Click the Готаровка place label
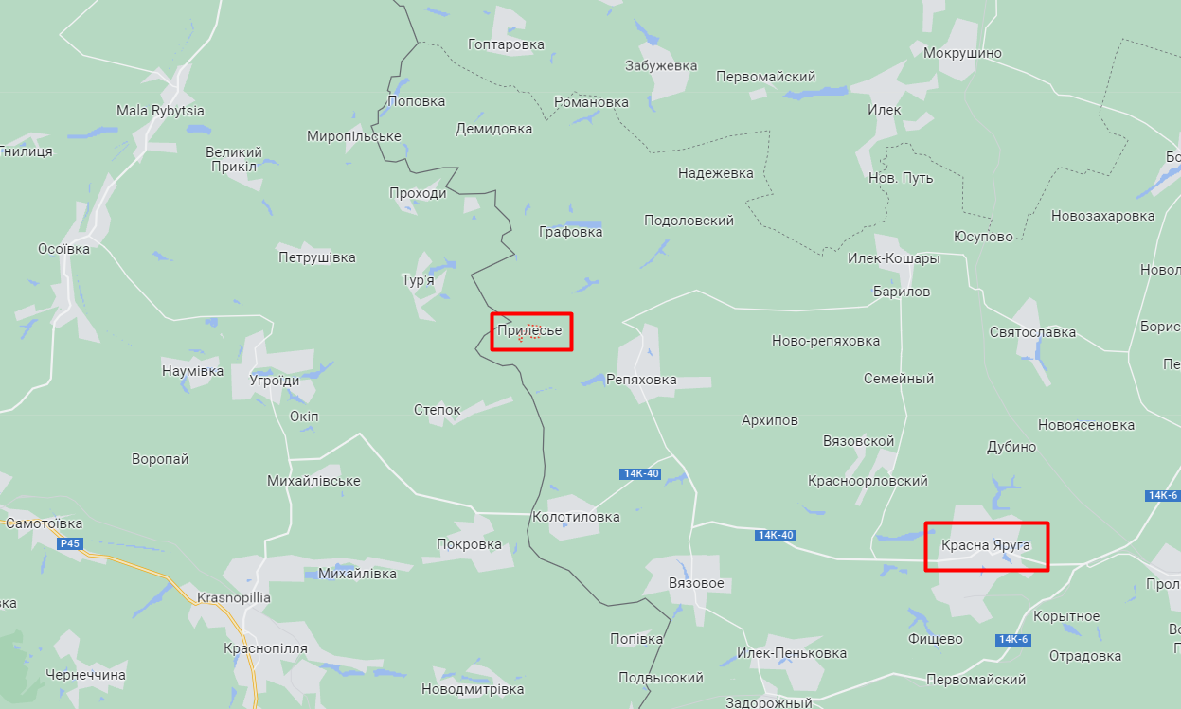click(506, 44)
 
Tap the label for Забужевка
click(661, 66)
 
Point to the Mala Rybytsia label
click(160, 111)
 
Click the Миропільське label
click(354, 136)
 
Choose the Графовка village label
click(570, 232)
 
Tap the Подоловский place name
click(689, 221)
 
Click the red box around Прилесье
click(531, 331)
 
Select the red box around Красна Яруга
click(986, 546)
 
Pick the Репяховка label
click(641, 380)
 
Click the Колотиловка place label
click(576, 517)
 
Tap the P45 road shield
click(69, 543)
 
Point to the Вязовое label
click(696, 583)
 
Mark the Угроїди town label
click(275, 381)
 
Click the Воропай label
click(160, 459)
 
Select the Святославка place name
click(1032, 332)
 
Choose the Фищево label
click(935, 639)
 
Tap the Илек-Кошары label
click(893, 258)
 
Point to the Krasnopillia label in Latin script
click(234, 598)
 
